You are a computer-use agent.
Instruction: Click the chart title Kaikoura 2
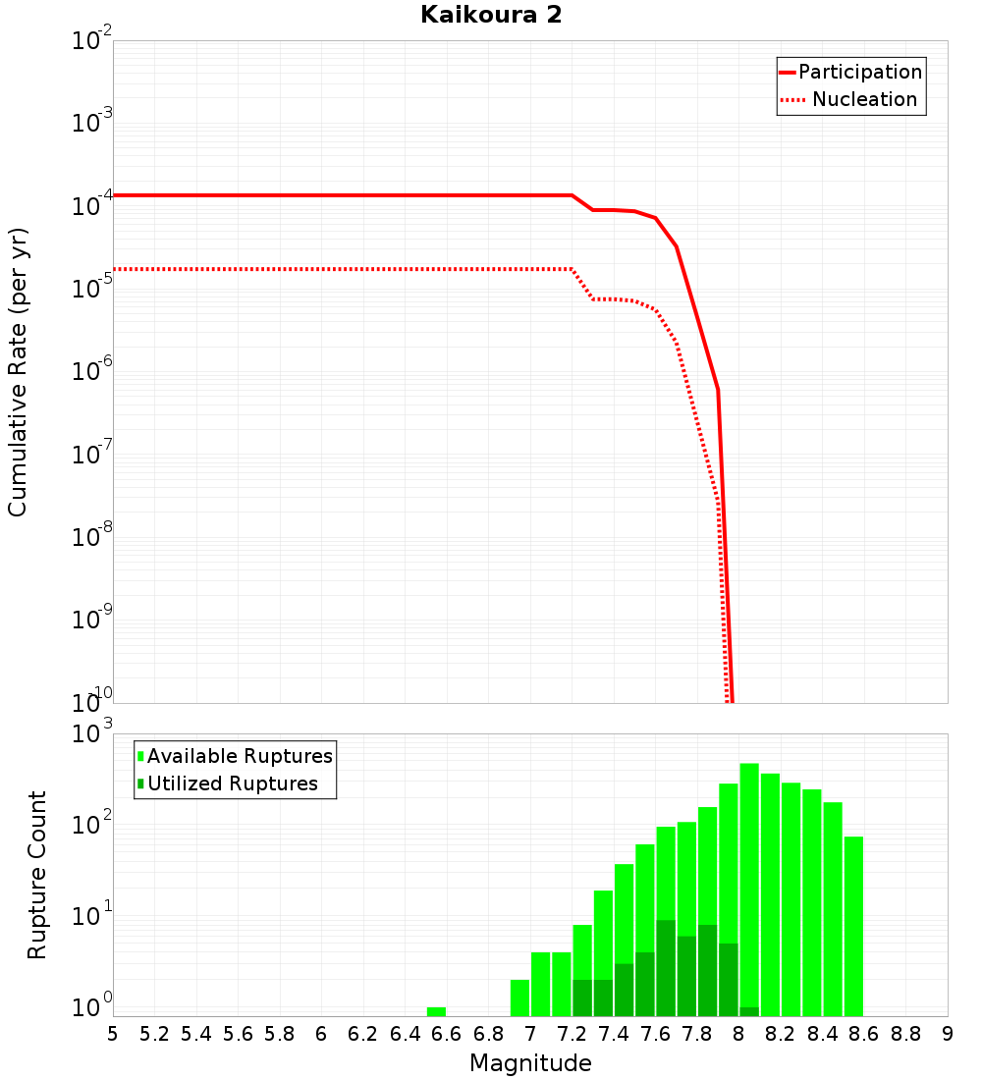(x=491, y=15)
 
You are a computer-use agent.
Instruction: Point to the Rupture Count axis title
(x=36, y=874)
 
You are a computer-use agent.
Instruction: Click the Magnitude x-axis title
(x=530, y=1063)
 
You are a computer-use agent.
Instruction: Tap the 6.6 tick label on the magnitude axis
(x=447, y=1034)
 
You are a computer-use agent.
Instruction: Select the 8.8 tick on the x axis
(x=905, y=1034)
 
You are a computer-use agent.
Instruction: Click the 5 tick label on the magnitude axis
(x=113, y=1034)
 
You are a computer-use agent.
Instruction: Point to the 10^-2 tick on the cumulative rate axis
(x=92, y=41)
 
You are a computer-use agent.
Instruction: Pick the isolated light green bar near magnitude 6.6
(x=436, y=1011)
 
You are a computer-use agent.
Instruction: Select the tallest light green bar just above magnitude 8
(x=749, y=884)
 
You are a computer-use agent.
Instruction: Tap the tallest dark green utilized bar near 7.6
(x=666, y=967)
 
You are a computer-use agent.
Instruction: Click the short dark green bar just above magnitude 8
(x=749, y=1011)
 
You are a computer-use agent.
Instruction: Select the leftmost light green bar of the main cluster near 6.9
(x=519, y=998)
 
